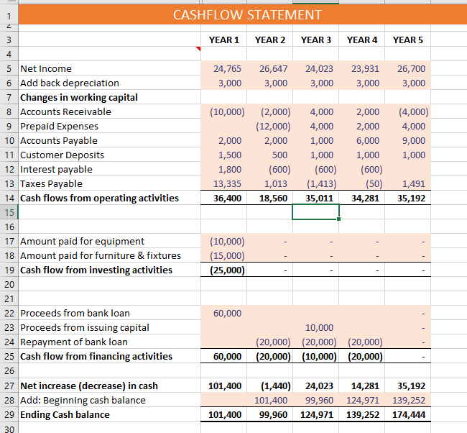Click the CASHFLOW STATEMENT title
click(247, 15)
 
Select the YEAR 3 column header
click(316, 40)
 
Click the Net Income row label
click(46, 68)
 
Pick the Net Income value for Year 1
click(228, 68)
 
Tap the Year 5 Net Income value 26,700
click(411, 68)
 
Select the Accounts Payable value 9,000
click(415, 140)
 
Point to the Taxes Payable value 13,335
click(228, 183)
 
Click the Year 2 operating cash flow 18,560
click(272, 198)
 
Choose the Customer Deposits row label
click(62, 155)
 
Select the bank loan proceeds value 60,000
click(228, 313)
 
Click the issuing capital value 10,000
click(319, 327)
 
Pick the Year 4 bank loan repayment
click(364, 342)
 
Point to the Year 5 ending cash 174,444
click(409, 414)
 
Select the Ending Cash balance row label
click(65, 414)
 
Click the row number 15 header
click(9, 212)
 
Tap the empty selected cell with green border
click(315, 212)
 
